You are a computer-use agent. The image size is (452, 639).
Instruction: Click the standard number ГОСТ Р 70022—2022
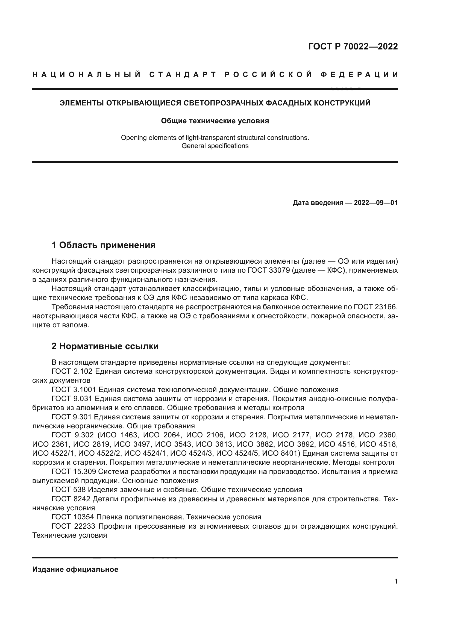pyautogui.click(x=353, y=46)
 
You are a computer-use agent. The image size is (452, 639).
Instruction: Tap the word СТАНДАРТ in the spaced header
pyautogui.click(x=183, y=75)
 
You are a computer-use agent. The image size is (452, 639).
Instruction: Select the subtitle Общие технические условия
pyautogui.click(x=215, y=121)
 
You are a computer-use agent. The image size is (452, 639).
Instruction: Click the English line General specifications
pyautogui.click(x=215, y=146)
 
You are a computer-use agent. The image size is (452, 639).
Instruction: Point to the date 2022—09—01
pyautogui.click(x=376, y=203)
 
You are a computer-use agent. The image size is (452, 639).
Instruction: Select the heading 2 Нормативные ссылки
pyautogui.click(x=105, y=346)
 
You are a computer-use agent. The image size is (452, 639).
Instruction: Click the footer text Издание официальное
pyautogui.click(x=75, y=569)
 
